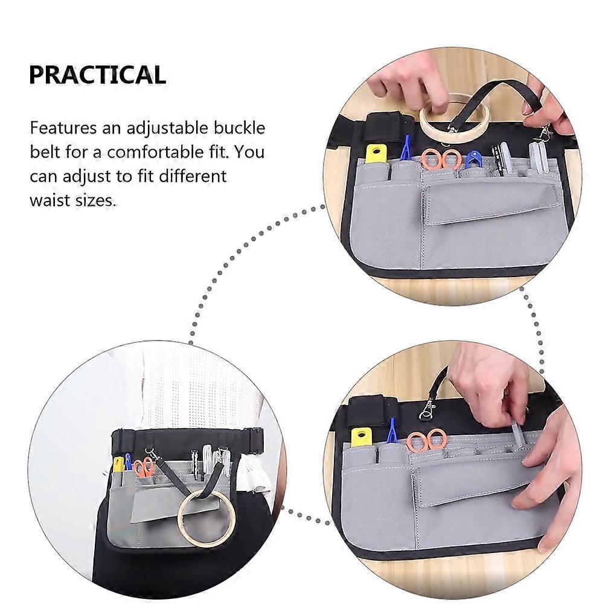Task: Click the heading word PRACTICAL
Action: pyautogui.click(x=98, y=75)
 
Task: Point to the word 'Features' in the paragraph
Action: pyautogui.click(x=63, y=128)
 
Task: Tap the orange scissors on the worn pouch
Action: pyautogui.click(x=143, y=467)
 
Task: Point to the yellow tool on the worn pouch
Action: pyautogui.click(x=119, y=464)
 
